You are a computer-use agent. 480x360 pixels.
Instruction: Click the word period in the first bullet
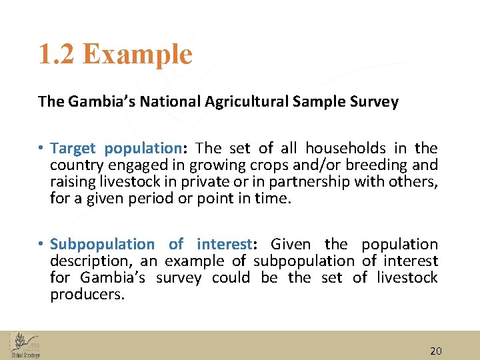click(x=151, y=199)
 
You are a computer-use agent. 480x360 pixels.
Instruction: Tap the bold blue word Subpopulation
click(x=101, y=245)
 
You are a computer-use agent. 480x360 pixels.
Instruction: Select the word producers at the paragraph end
click(x=87, y=295)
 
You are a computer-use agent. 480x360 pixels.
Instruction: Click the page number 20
click(x=436, y=351)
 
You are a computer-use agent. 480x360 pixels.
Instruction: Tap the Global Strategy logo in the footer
click(x=25, y=345)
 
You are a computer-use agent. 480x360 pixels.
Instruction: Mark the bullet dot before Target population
click(x=41, y=148)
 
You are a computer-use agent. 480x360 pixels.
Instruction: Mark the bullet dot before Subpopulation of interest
click(x=41, y=245)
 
